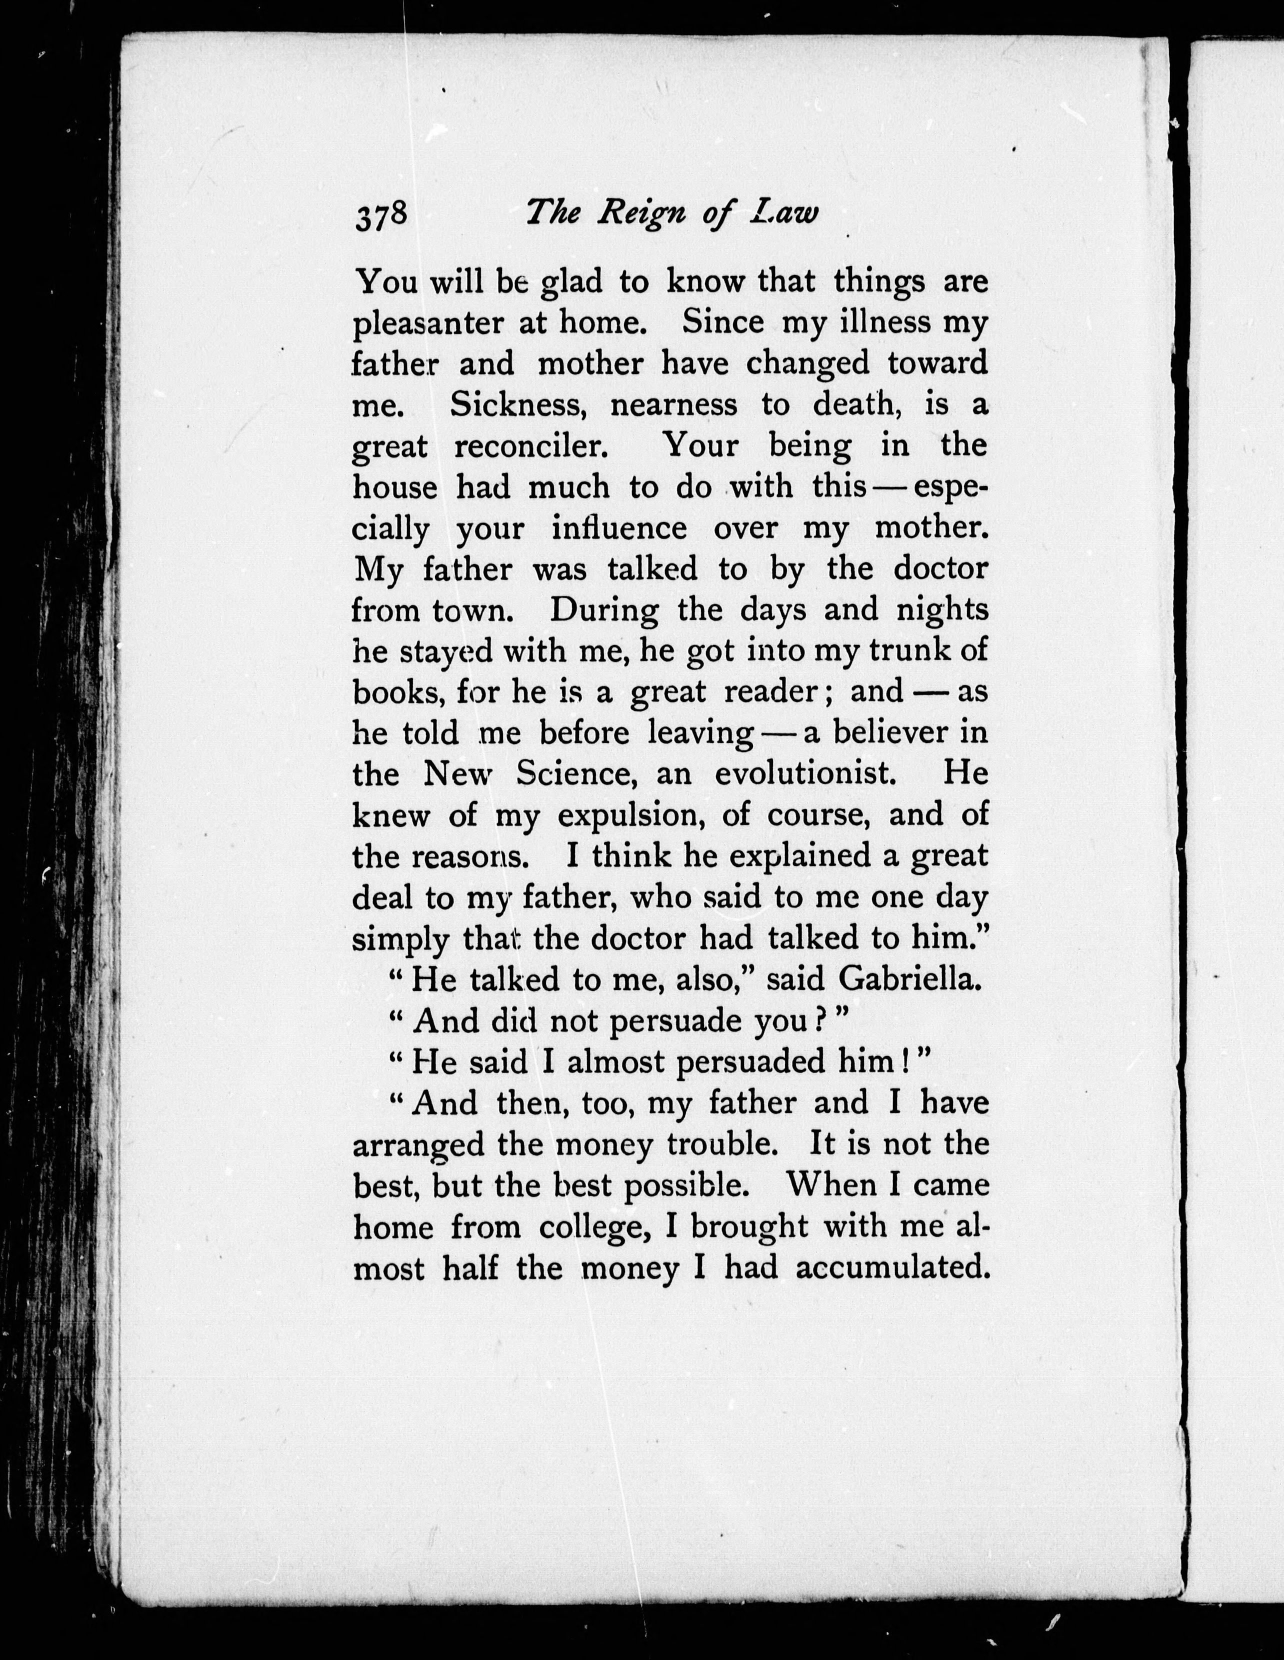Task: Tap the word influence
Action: click(619, 527)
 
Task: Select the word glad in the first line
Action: click(571, 282)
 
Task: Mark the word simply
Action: click(400, 940)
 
